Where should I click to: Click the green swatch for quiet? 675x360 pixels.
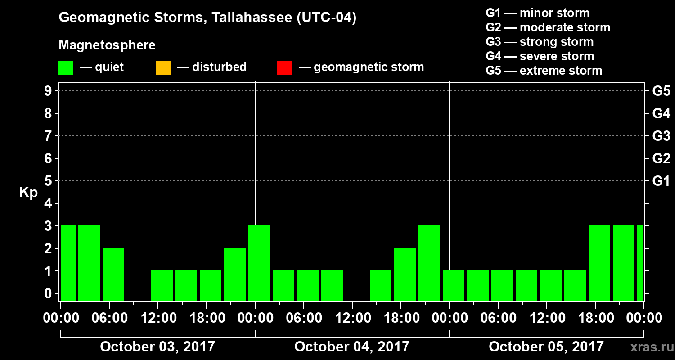point(66,67)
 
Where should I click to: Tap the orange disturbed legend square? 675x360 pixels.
point(163,67)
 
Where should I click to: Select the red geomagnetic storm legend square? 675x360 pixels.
point(284,67)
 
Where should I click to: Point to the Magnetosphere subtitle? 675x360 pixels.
point(107,45)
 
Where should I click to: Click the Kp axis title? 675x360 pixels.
point(28,193)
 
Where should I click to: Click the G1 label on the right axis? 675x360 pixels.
point(661,181)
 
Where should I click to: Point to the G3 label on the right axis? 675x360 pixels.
point(661,136)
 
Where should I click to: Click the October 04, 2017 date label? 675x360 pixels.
point(352,347)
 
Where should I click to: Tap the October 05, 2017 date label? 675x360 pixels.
point(546,347)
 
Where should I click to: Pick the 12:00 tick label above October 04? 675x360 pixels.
point(352,318)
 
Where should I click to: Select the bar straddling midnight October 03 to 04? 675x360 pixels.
point(259,263)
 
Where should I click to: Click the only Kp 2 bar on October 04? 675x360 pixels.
point(405,274)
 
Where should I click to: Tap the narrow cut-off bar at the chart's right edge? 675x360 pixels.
point(640,263)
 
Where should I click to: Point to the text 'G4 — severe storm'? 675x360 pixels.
point(540,56)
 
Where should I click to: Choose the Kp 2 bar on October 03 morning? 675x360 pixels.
point(113,274)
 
